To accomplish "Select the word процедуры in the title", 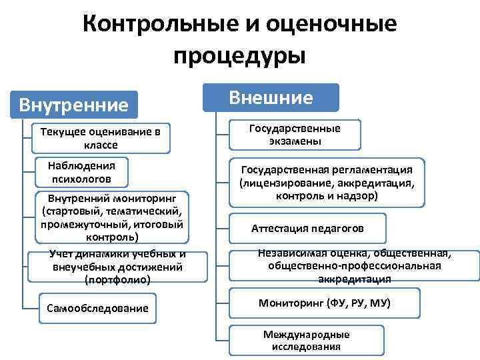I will pos(239,55).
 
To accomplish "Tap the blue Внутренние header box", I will pos(74,105).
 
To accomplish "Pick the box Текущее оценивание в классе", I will pos(101,138).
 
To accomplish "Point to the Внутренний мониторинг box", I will pos(110,217).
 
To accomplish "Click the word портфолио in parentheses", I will pos(117,280).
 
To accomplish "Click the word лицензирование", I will pos(288,183).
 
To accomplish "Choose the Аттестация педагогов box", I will pos(307,229).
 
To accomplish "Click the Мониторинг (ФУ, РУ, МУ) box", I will pos(324,303).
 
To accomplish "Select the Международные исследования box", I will pos(306,341).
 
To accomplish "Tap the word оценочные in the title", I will pos(331,24).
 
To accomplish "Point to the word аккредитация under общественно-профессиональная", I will pos(354,278).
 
